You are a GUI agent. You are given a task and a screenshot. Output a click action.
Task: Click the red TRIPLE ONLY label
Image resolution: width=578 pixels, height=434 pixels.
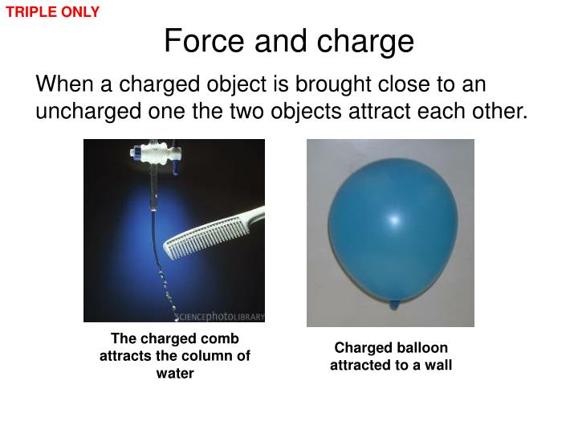click(53, 12)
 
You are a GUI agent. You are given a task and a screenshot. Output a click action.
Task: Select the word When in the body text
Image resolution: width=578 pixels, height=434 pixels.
click(64, 84)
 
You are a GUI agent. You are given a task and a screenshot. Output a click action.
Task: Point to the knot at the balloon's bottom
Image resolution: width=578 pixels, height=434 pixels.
click(393, 305)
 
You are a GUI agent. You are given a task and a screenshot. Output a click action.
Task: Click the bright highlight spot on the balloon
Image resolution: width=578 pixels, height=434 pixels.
click(393, 219)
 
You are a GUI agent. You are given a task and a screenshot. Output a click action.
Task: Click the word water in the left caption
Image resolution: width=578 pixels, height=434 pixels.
click(175, 373)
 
